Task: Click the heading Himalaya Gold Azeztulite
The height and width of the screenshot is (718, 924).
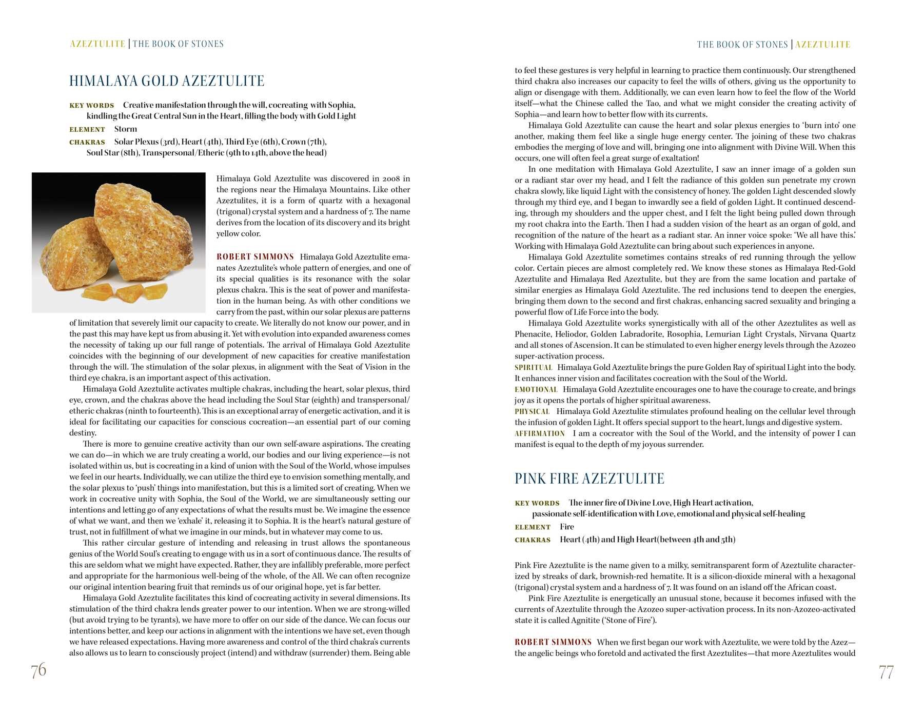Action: [167, 81]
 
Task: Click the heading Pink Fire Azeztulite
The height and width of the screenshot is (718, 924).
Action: [589, 479]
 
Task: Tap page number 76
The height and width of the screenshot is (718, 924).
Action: [38, 670]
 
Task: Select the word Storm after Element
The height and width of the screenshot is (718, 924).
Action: [126, 129]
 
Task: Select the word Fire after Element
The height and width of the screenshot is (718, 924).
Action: [567, 527]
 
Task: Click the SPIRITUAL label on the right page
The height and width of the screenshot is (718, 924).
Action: [533, 368]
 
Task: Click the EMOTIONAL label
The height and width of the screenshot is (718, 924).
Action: [536, 390]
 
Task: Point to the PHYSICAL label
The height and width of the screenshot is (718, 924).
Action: [532, 412]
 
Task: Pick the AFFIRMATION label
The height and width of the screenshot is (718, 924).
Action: [540, 434]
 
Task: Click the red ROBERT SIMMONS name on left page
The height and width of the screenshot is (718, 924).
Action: [255, 257]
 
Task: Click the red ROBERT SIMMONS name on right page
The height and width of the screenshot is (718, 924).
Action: [553, 642]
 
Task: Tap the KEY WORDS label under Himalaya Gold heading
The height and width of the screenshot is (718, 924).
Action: [92, 106]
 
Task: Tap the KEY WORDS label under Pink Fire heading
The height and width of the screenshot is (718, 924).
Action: [537, 504]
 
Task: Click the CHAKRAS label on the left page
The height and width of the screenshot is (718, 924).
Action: [87, 142]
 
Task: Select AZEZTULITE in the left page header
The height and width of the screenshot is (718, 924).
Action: [97, 44]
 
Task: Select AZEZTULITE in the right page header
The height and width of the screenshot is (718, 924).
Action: [823, 45]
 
